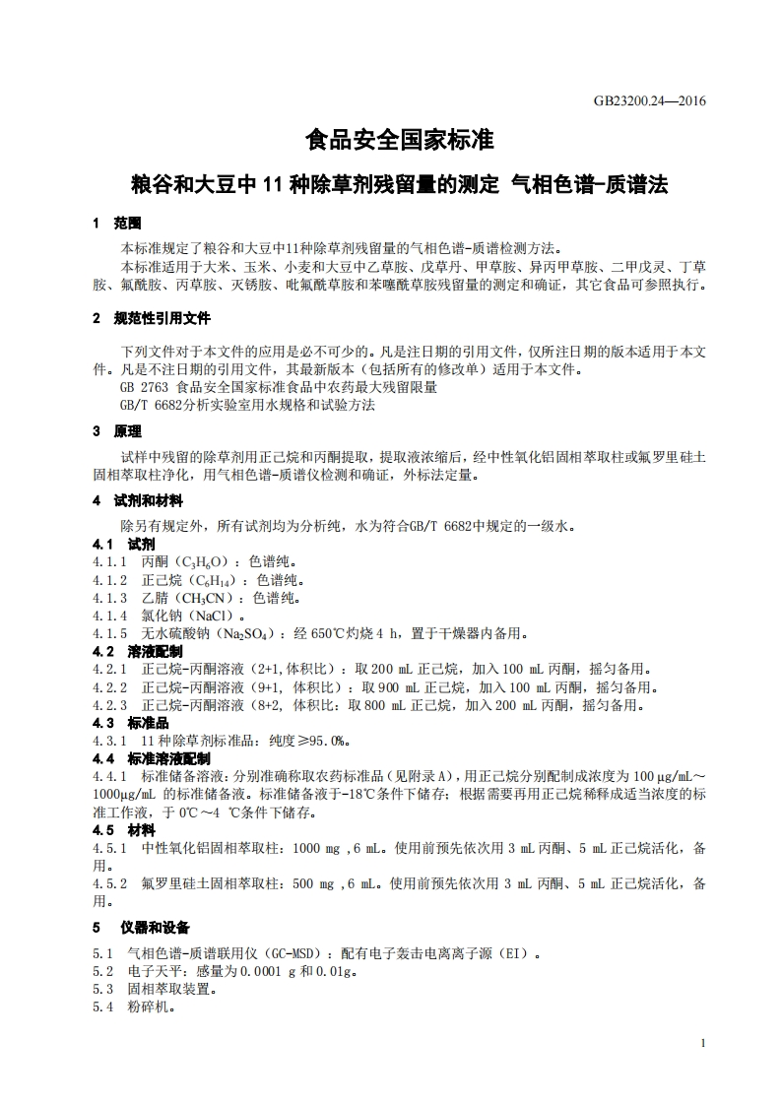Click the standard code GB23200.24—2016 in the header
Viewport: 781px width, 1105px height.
(650, 99)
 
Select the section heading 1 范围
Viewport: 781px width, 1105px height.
(117, 224)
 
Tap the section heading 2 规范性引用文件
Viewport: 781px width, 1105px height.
(151, 318)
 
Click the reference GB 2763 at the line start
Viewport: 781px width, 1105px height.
(139, 388)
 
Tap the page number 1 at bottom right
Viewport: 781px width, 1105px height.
(702, 1043)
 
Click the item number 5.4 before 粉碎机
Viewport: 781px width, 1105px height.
(103, 1007)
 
